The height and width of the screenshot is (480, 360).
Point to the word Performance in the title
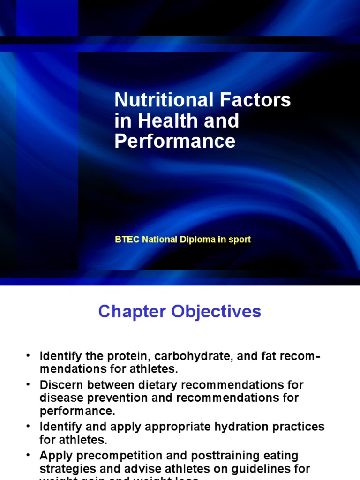[175, 141]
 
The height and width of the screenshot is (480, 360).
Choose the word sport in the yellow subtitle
[240, 240]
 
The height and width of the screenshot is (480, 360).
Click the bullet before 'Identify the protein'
[28, 355]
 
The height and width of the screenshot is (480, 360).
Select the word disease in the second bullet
[59, 398]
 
